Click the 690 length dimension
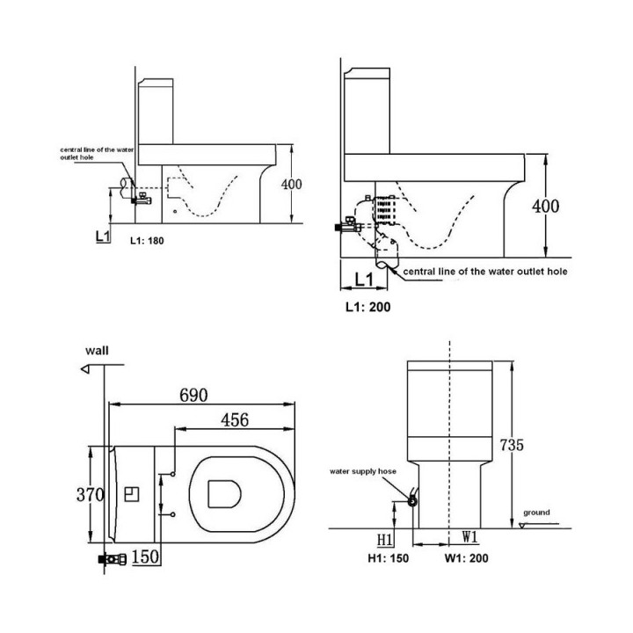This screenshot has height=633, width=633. [x=193, y=396]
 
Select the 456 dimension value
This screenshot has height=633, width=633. [x=235, y=420]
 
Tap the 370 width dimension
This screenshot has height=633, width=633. [x=90, y=494]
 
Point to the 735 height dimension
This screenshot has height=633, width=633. [x=512, y=445]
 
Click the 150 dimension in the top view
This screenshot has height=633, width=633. [x=145, y=557]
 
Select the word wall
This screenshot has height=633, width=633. [x=97, y=351]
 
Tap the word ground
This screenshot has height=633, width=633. [x=536, y=513]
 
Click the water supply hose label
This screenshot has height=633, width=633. [x=362, y=471]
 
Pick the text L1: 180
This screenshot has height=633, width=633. [x=147, y=241]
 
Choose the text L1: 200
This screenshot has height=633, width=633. [x=368, y=307]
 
